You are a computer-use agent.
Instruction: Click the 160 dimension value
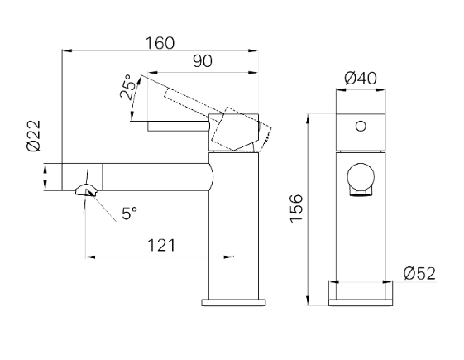point(160,43)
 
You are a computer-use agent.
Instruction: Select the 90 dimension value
point(203,61)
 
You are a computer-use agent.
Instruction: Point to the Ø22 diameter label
point(33,136)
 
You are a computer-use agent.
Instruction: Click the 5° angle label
point(130,214)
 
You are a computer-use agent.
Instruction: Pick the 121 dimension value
point(161,246)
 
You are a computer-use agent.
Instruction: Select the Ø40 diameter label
point(361,79)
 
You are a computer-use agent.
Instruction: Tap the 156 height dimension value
point(296,209)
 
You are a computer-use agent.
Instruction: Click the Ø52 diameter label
point(419,274)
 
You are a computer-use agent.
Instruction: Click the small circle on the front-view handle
point(361,127)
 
